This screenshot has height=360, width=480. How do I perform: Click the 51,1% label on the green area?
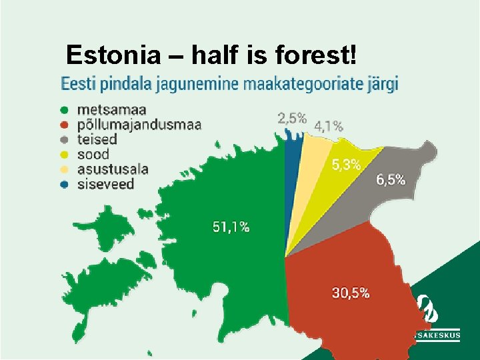point(231,227)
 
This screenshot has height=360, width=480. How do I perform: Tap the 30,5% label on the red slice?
point(351,293)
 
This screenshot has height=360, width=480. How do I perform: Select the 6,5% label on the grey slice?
point(391,179)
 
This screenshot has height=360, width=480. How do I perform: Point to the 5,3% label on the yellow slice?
point(347,165)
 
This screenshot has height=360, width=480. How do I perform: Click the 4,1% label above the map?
point(329,125)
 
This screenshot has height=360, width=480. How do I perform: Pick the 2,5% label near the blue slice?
point(292,119)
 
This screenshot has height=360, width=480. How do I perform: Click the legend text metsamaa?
point(112,109)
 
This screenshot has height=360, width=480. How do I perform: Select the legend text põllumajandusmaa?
point(139,125)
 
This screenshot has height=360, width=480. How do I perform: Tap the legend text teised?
point(97,139)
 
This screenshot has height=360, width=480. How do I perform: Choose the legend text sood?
point(93,155)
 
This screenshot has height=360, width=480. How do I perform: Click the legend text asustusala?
point(112,169)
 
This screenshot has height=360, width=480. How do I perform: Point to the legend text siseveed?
point(105,185)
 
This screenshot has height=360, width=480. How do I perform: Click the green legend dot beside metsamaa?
point(64,110)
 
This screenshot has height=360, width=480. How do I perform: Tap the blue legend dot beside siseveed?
point(64,185)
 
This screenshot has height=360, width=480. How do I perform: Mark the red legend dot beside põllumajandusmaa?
point(64,125)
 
